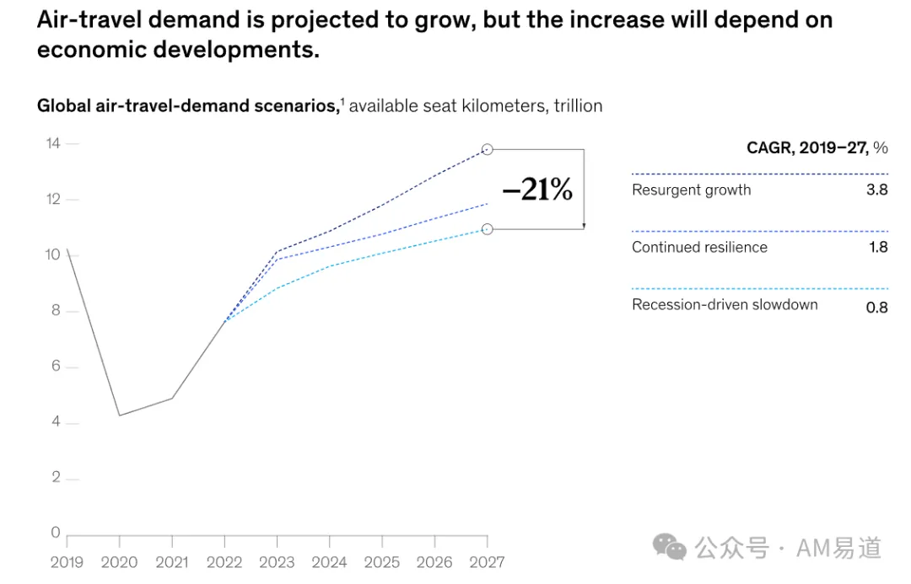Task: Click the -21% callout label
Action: click(537, 190)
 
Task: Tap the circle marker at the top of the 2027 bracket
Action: click(488, 150)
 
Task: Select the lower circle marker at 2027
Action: click(488, 229)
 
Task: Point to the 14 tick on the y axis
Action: click(53, 142)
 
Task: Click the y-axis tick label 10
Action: click(53, 254)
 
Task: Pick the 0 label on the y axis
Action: click(56, 532)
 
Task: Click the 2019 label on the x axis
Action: click(67, 562)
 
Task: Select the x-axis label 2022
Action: click(224, 562)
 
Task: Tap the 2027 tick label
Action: click(487, 562)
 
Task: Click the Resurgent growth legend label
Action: click(692, 190)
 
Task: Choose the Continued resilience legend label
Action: click(699, 247)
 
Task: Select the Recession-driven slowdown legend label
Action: click(725, 305)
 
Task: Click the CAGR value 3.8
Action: click(876, 190)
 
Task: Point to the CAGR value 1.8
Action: click(878, 247)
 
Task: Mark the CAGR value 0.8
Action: click(876, 307)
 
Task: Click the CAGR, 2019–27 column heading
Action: click(817, 148)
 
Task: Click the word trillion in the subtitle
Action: click(578, 105)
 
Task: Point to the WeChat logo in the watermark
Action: click(669, 547)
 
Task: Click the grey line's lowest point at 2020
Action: click(120, 415)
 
